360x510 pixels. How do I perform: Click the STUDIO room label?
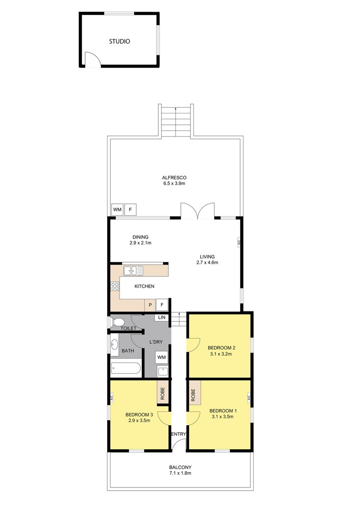(x=120, y=41)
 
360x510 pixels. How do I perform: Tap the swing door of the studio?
(x=92, y=60)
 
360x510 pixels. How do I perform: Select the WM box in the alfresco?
(x=117, y=209)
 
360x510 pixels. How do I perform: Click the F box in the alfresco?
(x=130, y=209)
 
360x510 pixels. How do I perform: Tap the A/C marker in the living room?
(x=239, y=242)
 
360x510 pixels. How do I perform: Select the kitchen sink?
(x=134, y=271)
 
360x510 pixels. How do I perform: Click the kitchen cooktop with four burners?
(x=115, y=285)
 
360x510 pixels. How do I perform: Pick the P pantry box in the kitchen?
(x=150, y=305)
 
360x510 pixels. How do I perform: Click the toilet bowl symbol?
(x=118, y=322)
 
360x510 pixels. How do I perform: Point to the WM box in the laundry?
(x=162, y=357)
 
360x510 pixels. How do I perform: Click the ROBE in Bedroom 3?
(x=162, y=394)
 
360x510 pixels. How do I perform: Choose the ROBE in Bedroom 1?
(x=194, y=395)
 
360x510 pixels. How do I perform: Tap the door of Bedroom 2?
(x=193, y=344)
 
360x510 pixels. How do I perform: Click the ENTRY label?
(x=178, y=434)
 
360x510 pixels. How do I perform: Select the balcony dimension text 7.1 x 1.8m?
(x=180, y=474)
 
